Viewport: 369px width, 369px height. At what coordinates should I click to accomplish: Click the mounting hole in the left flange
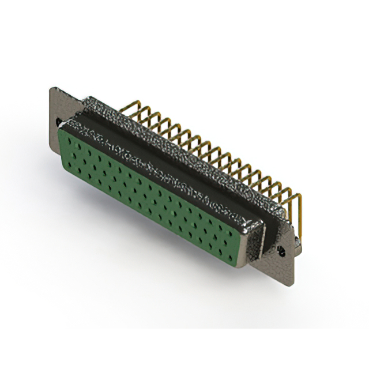(x=59, y=122)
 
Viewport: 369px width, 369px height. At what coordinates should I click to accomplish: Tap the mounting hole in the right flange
(x=282, y=252)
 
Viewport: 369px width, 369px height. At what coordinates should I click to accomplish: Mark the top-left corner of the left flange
(x=51, y=88)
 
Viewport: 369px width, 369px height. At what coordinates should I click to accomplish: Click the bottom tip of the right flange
(x=292, y=284)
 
